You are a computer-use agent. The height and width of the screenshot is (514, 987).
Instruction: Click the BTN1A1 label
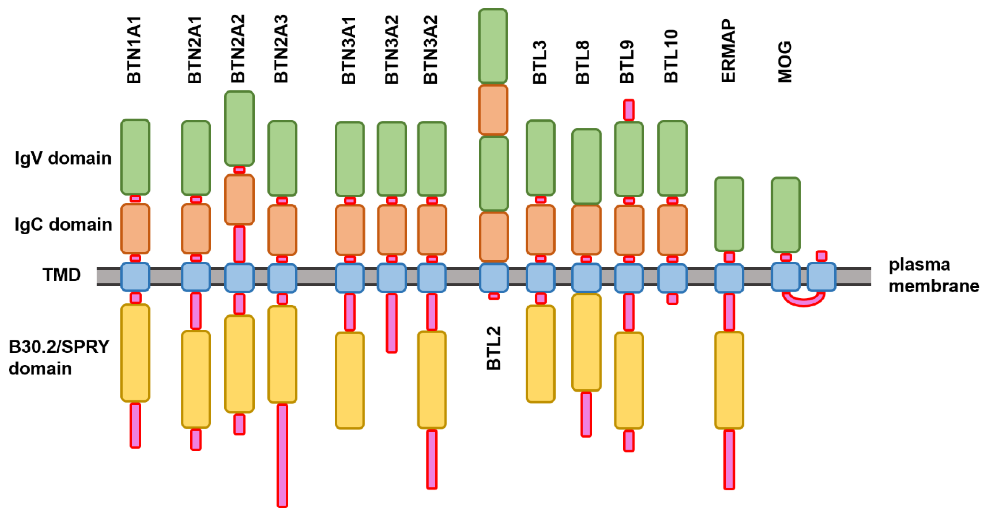(x=134, y=50)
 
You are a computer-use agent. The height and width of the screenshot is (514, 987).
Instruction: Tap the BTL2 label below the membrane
(x=494, y=348)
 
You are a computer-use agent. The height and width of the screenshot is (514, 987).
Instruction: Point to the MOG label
(x=785, y=62)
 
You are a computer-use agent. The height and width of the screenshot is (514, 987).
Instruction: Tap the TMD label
(x=62, y=275)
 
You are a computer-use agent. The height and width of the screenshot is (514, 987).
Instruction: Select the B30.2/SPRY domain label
(x=59, y=357)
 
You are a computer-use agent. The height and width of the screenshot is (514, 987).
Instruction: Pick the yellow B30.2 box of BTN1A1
(x=135, y=353)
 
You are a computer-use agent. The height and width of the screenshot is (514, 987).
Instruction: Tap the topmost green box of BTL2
(x=493, y=46)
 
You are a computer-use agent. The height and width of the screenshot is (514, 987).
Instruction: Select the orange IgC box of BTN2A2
(x=239, y=200)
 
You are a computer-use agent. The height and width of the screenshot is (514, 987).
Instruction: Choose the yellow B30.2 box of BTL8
(x=586, y=342)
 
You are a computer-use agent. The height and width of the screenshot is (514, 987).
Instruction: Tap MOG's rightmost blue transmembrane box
(x=821, y=277)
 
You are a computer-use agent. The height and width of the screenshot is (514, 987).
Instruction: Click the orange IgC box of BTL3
(x=540, y=230)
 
